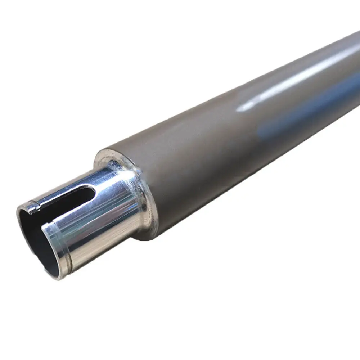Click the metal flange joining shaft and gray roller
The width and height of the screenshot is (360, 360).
pos(144,202)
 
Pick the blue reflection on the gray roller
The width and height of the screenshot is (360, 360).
pos(306,108)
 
